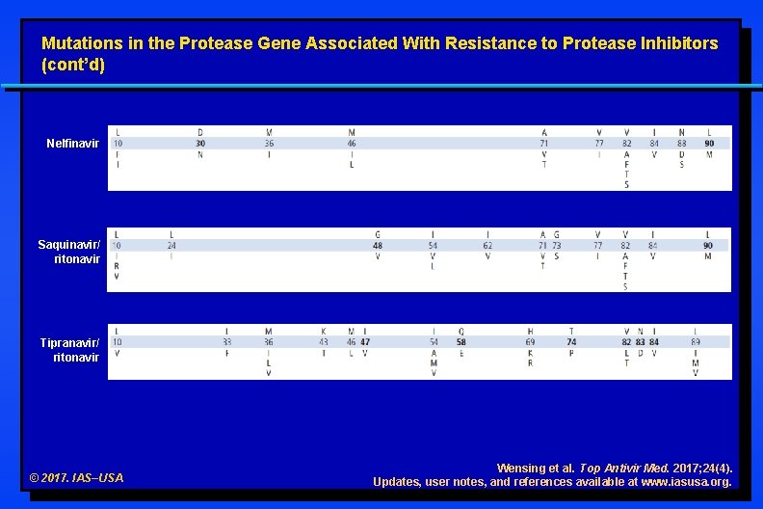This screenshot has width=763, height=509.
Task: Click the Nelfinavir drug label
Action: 73,144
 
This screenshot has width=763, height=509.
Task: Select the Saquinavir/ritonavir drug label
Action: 69,252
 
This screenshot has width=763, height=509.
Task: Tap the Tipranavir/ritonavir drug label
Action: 69,350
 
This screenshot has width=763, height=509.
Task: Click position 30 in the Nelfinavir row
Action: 200,144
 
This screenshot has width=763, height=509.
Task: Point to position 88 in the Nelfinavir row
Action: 681,144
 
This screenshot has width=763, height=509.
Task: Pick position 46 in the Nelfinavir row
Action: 352,144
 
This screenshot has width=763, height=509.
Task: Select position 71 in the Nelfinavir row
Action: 544,144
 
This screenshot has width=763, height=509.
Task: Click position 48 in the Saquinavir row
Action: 378,246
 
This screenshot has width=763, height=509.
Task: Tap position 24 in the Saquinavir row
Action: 171,246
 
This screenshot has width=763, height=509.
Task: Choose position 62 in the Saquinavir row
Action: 488,246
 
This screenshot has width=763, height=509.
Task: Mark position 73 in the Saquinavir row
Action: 556,246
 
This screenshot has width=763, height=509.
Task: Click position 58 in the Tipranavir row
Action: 461,342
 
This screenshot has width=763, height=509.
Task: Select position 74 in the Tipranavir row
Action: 571,342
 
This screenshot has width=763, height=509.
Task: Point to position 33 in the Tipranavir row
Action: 226,342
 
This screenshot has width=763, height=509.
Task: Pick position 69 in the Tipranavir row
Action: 530,342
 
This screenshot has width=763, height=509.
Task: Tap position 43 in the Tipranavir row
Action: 324,342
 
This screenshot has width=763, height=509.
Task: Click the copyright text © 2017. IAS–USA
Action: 77,478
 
